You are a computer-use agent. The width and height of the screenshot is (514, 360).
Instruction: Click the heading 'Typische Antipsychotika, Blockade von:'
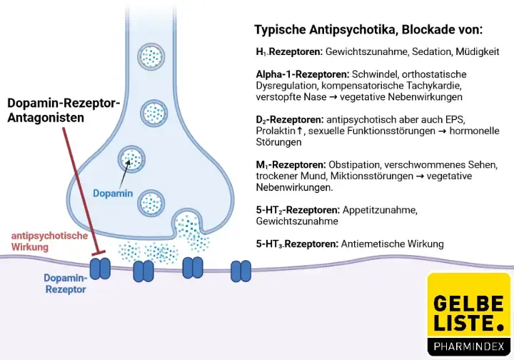[368, 31]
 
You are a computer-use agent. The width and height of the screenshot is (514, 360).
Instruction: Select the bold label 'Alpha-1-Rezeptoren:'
[302, 74]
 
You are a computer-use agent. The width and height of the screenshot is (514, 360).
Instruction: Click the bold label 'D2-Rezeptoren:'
[288, 119]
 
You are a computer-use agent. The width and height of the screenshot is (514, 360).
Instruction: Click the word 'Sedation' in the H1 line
[424, 53]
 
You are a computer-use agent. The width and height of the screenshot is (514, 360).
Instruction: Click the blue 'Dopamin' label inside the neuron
[113, 193]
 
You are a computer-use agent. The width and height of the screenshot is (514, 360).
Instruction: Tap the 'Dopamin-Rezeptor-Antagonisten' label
[64, 110]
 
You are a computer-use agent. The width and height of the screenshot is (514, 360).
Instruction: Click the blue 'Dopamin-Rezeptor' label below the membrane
[66, 284]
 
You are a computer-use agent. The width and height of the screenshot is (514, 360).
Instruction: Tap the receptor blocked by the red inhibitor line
[99, 268]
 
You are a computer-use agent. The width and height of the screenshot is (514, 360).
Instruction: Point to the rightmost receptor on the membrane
[241, 270]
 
